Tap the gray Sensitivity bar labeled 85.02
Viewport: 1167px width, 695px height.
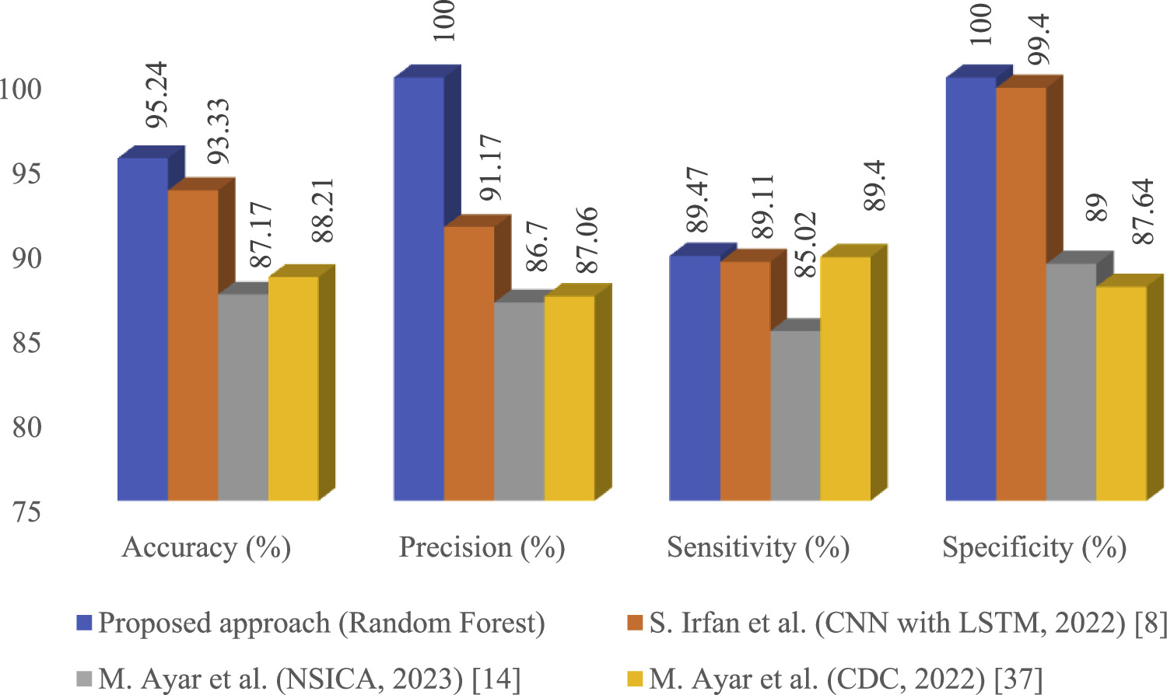tap(794, 415)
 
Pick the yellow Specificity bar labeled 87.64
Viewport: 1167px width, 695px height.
tap(1121, 393)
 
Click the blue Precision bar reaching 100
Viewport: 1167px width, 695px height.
tap(419, 288)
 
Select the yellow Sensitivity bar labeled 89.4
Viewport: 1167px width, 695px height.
tap(845, 378)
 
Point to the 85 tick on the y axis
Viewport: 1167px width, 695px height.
tap(26, 343)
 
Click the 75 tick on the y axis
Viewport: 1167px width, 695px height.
tap(26, 512)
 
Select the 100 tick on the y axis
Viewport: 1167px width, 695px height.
tap(21, 89)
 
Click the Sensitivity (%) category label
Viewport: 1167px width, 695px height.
tap(758, 547)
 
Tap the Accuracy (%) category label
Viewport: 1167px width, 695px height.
tap(206, 547)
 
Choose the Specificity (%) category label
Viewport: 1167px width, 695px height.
tap(1034, 547)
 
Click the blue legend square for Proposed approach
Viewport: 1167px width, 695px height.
tap(84, 623)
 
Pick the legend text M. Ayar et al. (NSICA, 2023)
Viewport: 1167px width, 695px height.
tap(308, 679)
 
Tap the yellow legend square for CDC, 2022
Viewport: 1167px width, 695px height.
tap(634, 679)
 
